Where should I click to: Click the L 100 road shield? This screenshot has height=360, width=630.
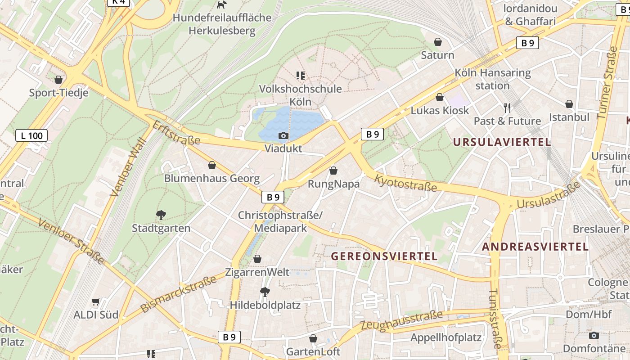point(31,135)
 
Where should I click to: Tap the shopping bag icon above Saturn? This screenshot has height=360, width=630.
point(437,42)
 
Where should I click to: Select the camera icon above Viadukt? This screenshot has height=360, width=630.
point(283,135)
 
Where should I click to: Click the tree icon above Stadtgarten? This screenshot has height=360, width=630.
point(161,215)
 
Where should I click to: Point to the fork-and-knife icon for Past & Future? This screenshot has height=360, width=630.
point(507,108)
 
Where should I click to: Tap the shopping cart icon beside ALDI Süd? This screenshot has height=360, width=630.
point(95,302)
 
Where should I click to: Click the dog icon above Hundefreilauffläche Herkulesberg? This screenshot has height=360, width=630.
point(221,5)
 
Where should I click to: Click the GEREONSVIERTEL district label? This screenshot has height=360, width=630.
point(384,256)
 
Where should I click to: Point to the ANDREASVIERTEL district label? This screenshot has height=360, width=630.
point(535,247)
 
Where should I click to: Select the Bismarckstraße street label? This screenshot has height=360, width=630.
point(179,295)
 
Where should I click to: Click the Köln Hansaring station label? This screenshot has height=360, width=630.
point(492,79)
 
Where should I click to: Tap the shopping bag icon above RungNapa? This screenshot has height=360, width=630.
point(333,171)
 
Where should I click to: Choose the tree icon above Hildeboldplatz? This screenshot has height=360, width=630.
point(265,292)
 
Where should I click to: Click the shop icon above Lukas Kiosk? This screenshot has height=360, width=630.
point(440,98)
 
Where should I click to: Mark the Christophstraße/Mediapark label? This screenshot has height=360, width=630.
point(280,222)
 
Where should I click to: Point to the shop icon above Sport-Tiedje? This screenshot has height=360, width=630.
point(58,80)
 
